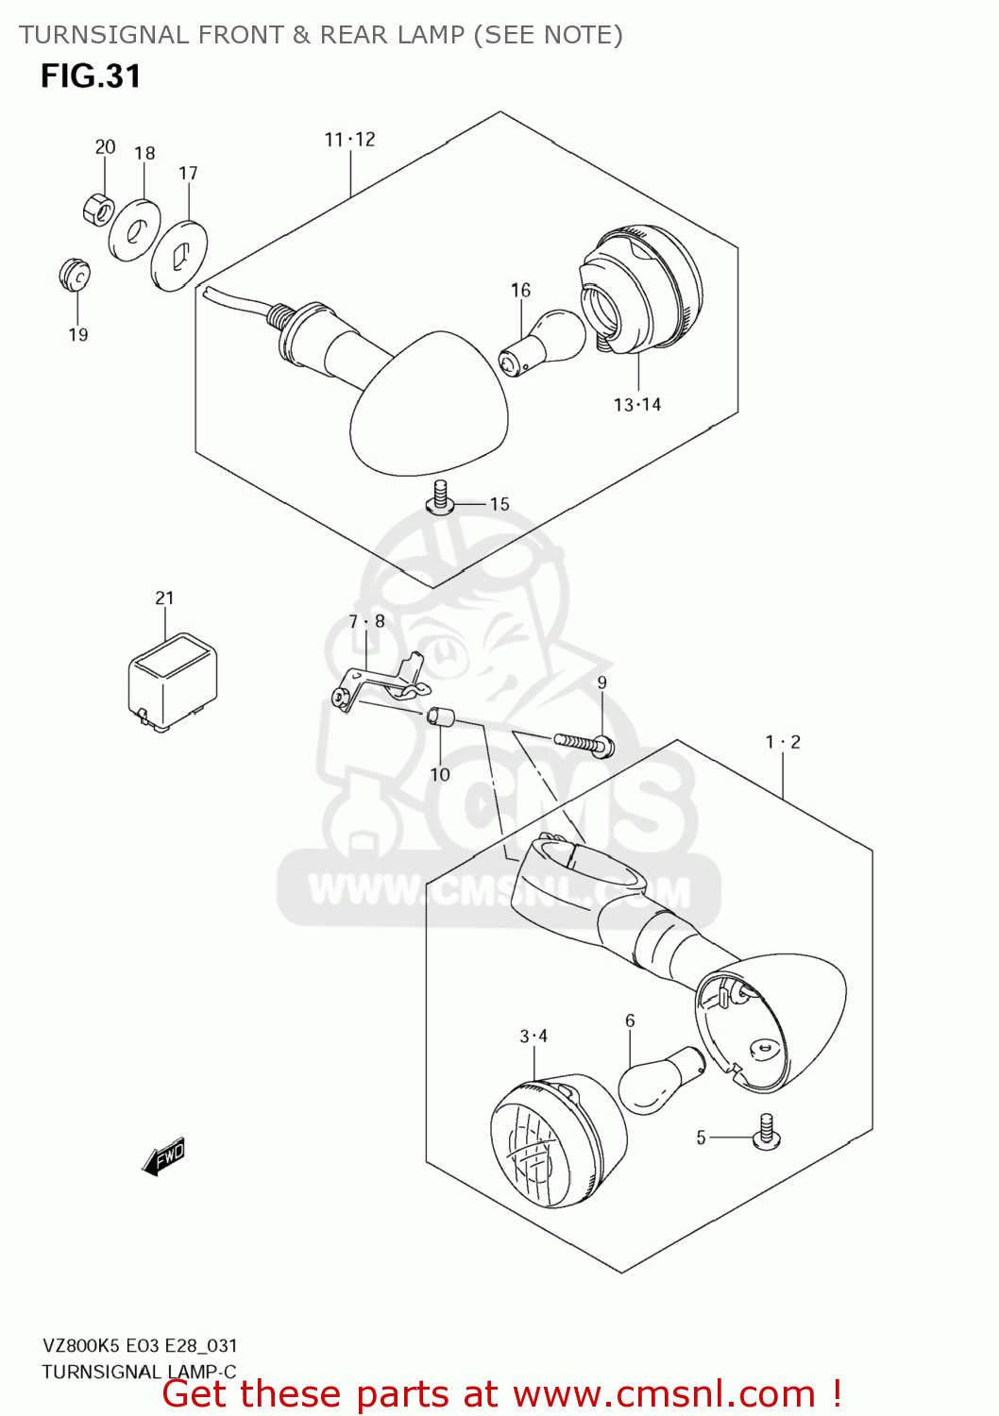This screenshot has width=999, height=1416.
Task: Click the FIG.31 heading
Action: [91, 76]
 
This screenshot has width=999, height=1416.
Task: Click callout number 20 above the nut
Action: [105, 146]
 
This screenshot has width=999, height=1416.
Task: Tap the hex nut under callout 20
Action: [98, 209]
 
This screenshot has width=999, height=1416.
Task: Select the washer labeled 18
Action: [134, 231]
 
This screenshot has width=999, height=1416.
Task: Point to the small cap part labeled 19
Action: [74, 275]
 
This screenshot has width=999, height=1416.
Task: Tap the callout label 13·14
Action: [637, 405]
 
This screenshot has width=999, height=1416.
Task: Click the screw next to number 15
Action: [440, 497]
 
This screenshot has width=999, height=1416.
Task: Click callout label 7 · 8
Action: [366, 621]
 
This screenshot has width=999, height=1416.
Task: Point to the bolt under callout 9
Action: [584, 744]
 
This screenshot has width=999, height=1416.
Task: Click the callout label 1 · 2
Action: [783, 742]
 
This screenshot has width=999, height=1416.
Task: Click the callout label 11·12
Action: [349, 140]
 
